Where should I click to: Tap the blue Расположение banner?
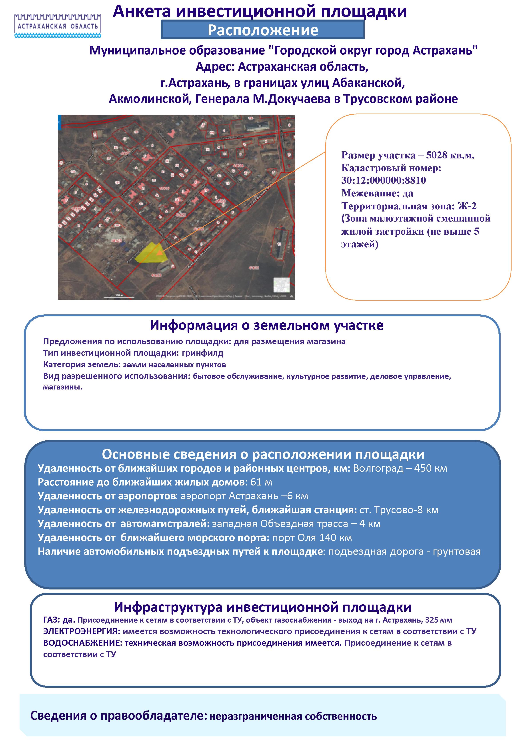point(263,30)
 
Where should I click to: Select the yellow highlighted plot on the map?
point(152,254)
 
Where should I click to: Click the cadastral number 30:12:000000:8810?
point(384,180)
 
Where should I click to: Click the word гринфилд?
point(203,353)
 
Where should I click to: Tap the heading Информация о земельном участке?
point(266,325)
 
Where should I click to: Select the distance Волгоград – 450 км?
point(400,468)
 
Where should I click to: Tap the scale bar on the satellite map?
point(119,296)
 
